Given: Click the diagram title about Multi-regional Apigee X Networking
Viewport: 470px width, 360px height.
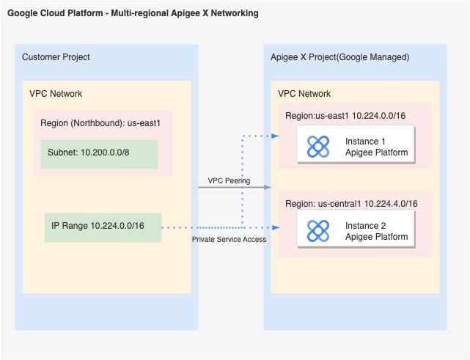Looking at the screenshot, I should click(133, 14).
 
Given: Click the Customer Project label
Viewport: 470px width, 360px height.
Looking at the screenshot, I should click(56, 57).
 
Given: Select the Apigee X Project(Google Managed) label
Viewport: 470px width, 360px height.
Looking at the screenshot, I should click(339, 57).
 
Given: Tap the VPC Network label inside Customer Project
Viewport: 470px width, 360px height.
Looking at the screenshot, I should click(56, 94).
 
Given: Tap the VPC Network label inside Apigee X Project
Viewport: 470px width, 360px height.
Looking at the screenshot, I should click(304, 94).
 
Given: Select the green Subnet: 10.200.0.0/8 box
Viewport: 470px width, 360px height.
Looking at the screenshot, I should click(99, 153).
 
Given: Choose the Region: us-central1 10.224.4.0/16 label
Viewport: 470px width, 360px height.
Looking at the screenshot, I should click(352, 203).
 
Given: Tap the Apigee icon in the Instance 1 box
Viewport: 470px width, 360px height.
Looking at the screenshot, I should click(317, 147).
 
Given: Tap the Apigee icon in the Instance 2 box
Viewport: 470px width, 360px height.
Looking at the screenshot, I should click(317, 231).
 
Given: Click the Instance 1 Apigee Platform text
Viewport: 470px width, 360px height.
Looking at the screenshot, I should click(376, 147).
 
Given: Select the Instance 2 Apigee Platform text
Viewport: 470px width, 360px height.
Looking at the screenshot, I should click(376, 231).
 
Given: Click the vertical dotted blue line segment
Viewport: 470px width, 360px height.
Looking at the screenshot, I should click(242, 180).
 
